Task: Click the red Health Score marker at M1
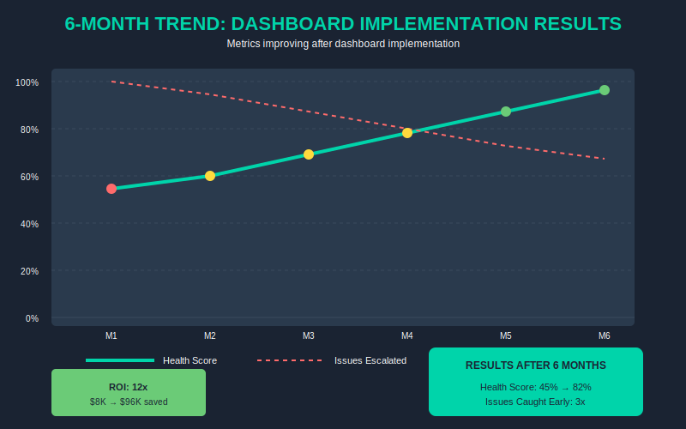[x=111, y=189]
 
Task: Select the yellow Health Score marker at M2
[x=210, y=176]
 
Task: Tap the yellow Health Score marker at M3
[x=309, y=154]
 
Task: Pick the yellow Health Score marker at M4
[x=407, y=133]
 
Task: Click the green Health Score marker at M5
[x=506, y=112]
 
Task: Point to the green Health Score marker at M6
[x=605, y=90]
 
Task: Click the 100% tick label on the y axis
[x=27, y=82]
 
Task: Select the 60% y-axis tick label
[x=29, y=177]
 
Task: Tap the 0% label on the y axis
[x=32, y=318]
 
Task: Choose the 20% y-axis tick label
[x=29, y=271]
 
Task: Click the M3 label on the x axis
[x=309, y=335]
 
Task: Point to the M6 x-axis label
[x=605, y=335]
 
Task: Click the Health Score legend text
[x=190, y=360]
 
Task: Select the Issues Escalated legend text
[x=370, y=360]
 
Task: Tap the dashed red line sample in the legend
[x=289, y=360]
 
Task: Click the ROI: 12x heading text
[x=129, y=387]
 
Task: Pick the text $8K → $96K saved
[x=129, y=402]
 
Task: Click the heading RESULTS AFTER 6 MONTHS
[x=536, y=366]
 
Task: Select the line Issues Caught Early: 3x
[x=536, y=401]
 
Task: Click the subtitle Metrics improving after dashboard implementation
[x=343, y=43]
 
